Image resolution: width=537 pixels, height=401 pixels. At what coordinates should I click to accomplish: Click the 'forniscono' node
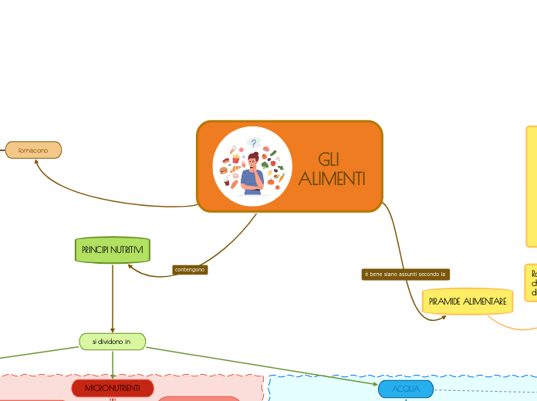[x=33, y=150]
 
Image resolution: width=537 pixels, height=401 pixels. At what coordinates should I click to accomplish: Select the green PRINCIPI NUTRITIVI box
[x=113, y=250]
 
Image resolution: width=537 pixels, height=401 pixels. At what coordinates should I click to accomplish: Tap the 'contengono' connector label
[x=190, y=270]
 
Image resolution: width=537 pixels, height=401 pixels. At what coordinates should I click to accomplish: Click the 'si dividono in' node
[x=113, y=341]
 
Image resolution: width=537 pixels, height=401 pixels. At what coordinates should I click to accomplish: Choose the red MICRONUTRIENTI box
[x=113, y=387]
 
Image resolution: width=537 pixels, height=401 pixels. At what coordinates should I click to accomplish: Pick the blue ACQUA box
[x=406, y=389]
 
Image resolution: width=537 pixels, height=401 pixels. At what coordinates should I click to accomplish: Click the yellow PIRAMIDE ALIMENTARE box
[x=468, y=301]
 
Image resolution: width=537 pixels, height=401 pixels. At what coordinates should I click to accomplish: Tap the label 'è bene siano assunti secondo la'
[x=406, y=274]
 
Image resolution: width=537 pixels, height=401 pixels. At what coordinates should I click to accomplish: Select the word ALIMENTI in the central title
[x=332, y=179]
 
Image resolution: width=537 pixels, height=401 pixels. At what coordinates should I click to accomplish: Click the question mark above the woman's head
[x=253, y=143]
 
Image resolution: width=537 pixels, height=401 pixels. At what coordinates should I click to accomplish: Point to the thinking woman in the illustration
[x=252, y=173]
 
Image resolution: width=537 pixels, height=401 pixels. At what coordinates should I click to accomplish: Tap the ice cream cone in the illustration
[x=233, y=150]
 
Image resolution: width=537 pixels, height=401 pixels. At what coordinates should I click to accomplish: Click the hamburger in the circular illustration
[x=224, y=170]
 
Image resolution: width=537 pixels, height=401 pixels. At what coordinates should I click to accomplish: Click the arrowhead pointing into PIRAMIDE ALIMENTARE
[x=442, y=317]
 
